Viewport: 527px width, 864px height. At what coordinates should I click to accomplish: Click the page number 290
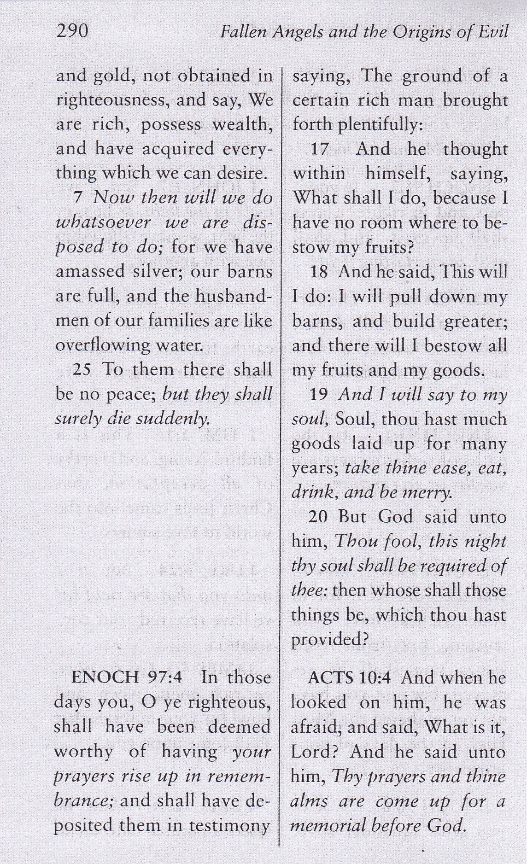coord(71,31)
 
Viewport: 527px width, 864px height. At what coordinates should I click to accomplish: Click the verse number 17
coord(319,149)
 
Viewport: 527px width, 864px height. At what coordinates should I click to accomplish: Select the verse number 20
coord(318,517)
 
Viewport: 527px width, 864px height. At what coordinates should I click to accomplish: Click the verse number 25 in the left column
coord(82,370)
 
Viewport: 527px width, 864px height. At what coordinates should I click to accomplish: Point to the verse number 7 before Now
coord(78,198)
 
